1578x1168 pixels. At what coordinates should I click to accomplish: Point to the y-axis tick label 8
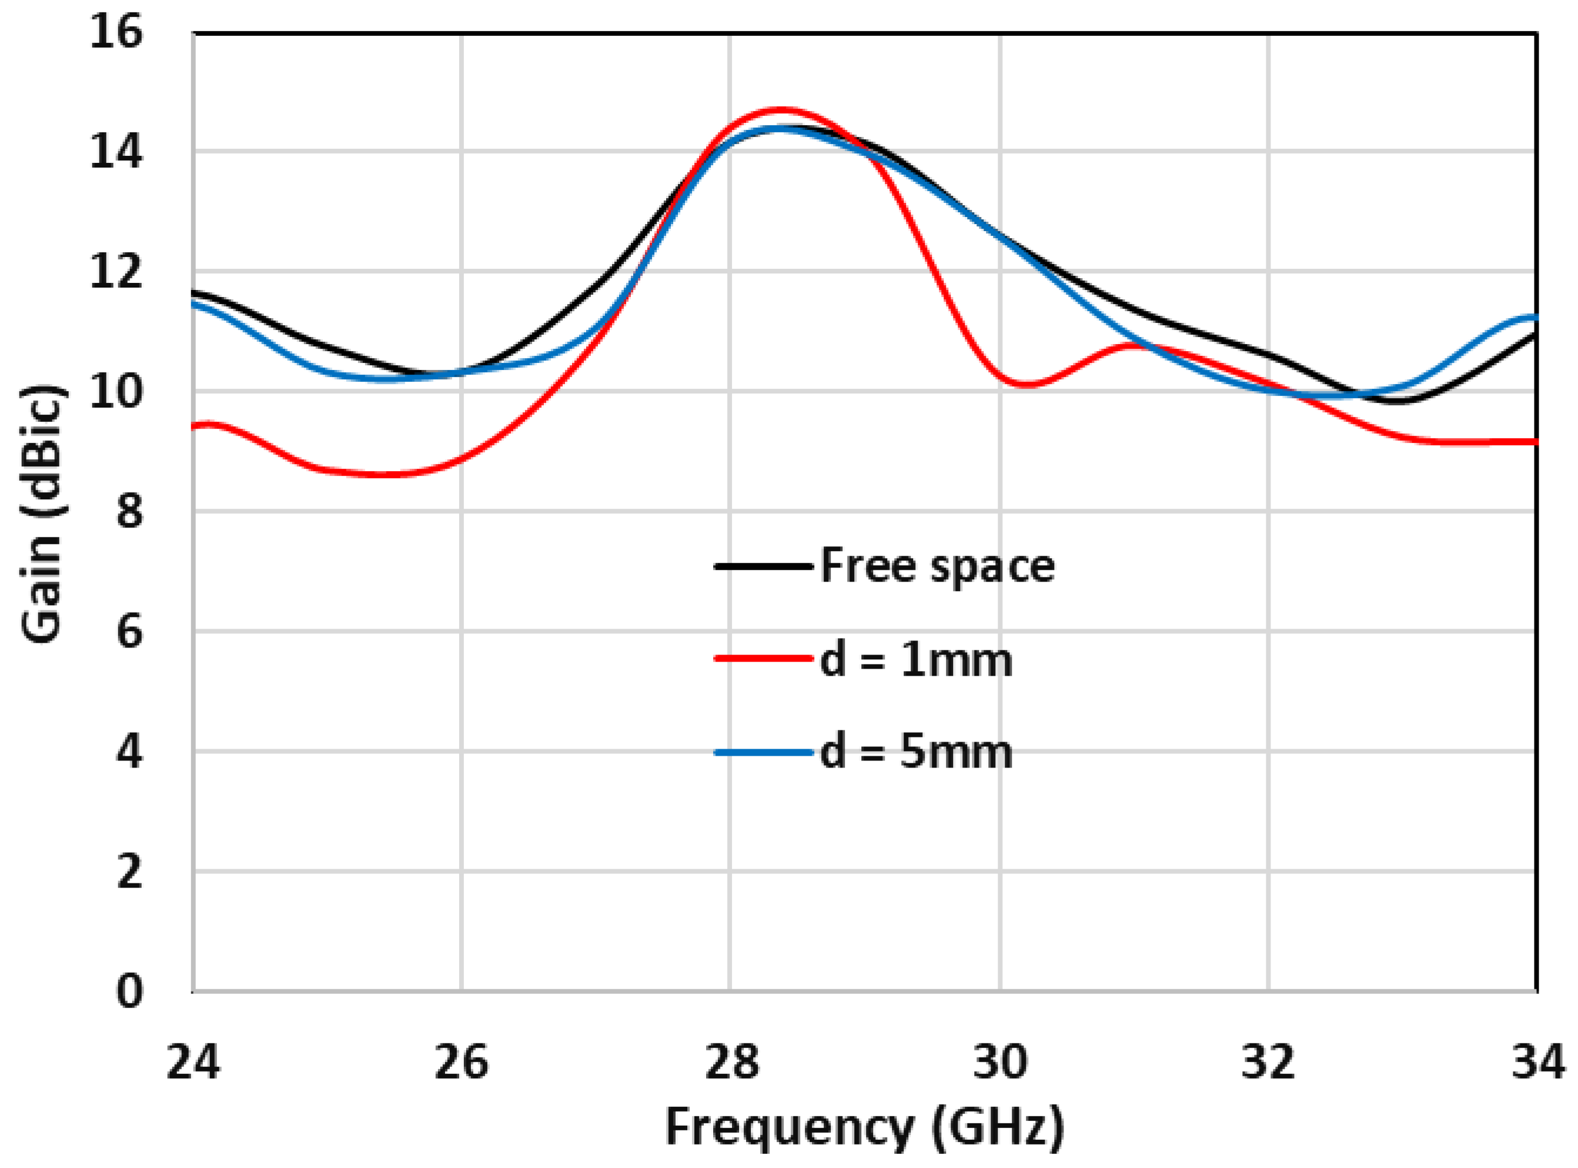click(x=129, y=511)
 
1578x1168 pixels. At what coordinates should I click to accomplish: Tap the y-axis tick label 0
click(x=129, y=991)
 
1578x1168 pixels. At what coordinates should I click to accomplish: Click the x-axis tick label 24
click(x=193, y=1063)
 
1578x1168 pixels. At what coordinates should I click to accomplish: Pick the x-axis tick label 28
click(x=731, y=1063)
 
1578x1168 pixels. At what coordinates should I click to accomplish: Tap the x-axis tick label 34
click(x=1537, y=1063)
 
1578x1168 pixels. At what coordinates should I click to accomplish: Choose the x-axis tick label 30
click(x=1000, y=1063)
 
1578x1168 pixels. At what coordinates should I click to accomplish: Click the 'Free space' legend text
click(x=937, y=566)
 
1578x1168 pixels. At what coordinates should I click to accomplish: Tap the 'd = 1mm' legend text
click(x=916, y=660)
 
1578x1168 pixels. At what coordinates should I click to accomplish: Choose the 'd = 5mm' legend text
click(x=916, y=752)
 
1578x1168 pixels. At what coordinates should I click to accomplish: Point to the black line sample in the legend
click(x=763, y=566)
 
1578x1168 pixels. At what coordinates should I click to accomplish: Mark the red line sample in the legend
click(x=763, y=659)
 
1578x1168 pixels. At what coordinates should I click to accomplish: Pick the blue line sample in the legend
click(x=763, y=752)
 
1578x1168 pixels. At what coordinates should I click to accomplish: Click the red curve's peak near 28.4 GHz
click(x=781, y=111)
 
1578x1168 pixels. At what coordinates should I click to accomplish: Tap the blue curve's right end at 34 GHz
click(x=1536, y=318)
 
